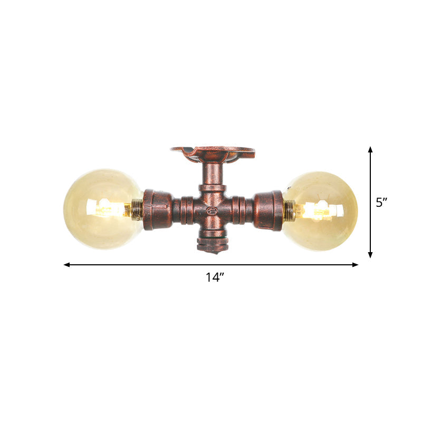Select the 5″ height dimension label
(382, 203)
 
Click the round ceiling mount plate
(213, 154)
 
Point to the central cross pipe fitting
(213, 210)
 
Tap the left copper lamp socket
(157, 210)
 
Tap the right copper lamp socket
(268, 210)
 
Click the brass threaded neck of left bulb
(137, 210)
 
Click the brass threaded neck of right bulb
(289, 210)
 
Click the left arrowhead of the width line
(66, 265)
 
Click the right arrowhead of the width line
(356, 265)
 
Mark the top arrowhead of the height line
(370, 149)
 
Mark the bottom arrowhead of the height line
(370, 255)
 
